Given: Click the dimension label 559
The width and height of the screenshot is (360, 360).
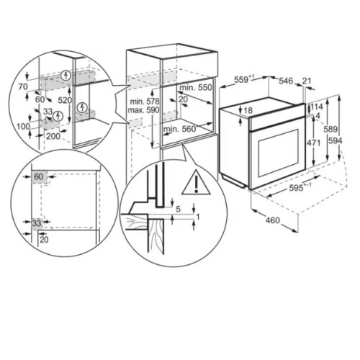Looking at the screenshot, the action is click(x=241, y=79).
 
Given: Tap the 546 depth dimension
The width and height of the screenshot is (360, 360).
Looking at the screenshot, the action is click(x=286, y=81).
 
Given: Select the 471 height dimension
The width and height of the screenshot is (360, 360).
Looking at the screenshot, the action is click(x=314, y=143).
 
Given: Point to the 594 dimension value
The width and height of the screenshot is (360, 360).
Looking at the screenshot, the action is click(x=335, y=140).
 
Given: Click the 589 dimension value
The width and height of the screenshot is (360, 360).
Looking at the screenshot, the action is click(x=330, y=130).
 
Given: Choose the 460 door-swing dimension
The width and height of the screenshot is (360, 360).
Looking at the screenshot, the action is click(x=273, y=220).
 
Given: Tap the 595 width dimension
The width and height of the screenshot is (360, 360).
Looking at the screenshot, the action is click(x=296, y=189).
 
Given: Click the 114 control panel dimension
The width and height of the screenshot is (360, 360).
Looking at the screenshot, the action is click(x=317, y=107).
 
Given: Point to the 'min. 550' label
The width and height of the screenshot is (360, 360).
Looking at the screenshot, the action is click(x=196, y=87).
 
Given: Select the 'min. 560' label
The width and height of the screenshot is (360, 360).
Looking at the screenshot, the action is click(x=179, y=129).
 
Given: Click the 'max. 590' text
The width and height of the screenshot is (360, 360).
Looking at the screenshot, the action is click(x=143, y=110).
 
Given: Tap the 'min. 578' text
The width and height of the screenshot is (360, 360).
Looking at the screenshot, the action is click(x=145, y=102).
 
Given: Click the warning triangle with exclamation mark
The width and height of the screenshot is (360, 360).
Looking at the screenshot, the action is click(x=196, y=182).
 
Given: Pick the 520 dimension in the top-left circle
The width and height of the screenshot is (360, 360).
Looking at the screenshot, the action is click(x=65, y=100).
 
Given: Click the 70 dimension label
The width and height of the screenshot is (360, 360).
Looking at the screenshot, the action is click(x=23, y=86).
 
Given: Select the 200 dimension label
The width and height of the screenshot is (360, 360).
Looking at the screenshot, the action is click(x=53, y=136).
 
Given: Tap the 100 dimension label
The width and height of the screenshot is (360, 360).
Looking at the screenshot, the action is click(x=23, y=126).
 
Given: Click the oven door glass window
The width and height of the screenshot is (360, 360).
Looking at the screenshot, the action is click(x=279, y=153).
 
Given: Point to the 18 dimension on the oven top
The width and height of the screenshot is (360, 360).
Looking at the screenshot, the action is click(x=248, y=110).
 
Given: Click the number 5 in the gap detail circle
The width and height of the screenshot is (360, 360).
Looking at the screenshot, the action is click(x=178, y=209).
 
